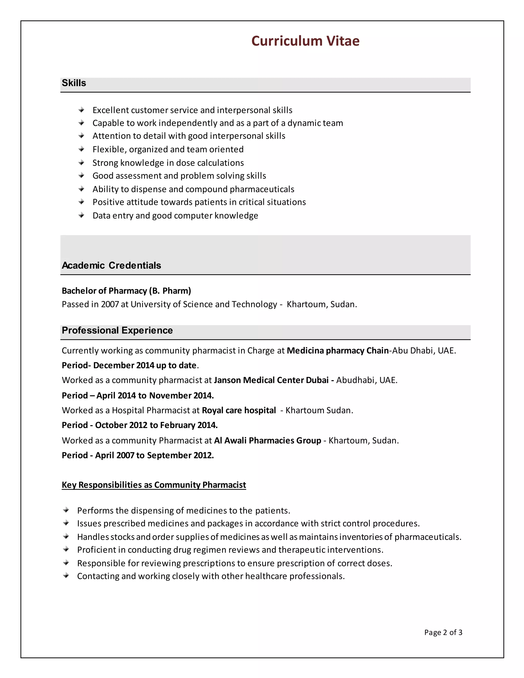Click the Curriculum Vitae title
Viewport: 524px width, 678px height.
coord(305,41)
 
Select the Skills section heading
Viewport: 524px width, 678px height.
coord(74,83)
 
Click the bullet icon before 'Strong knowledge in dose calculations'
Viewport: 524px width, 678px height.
coord(81,162)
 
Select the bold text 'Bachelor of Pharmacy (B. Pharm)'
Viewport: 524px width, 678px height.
coord(126,291)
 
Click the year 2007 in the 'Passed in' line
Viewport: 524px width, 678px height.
coord(110,304)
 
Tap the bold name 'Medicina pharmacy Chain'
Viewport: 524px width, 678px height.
coord(337,351)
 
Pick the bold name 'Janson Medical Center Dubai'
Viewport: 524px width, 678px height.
coord(271,380)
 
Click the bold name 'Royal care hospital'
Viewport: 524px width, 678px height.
coord(239,410)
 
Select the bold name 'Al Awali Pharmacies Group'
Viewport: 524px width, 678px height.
coord(267,441)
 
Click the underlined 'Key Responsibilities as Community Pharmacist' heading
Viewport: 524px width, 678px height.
coord(154,485)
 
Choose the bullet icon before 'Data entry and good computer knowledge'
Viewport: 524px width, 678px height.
coord(81,215)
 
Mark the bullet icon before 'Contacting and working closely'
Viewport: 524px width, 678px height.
coord(66,576)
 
